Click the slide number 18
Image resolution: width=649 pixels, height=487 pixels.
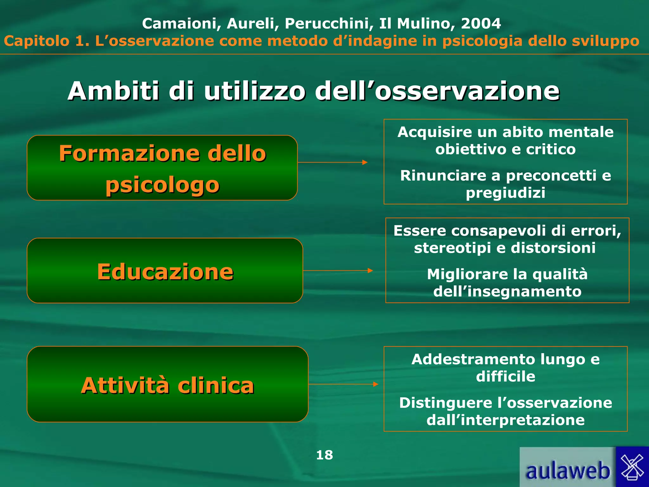(324, 455)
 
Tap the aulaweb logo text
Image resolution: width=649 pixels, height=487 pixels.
(567, 471)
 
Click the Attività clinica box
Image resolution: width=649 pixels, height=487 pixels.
(167, 385)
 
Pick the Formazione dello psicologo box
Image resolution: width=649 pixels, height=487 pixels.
(162, 168)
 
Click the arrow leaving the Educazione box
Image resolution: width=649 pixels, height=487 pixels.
(338, 270)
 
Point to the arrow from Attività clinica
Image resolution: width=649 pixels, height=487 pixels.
(343, 384)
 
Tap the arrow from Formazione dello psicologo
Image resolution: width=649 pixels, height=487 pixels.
(332, 162)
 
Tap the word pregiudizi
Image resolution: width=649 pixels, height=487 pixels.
(505, 193)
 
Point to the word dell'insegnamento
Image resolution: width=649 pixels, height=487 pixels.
(507, 291)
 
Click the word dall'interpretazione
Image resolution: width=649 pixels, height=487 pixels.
(505, 420)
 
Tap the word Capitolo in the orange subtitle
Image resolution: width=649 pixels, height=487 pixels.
(36, 41)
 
